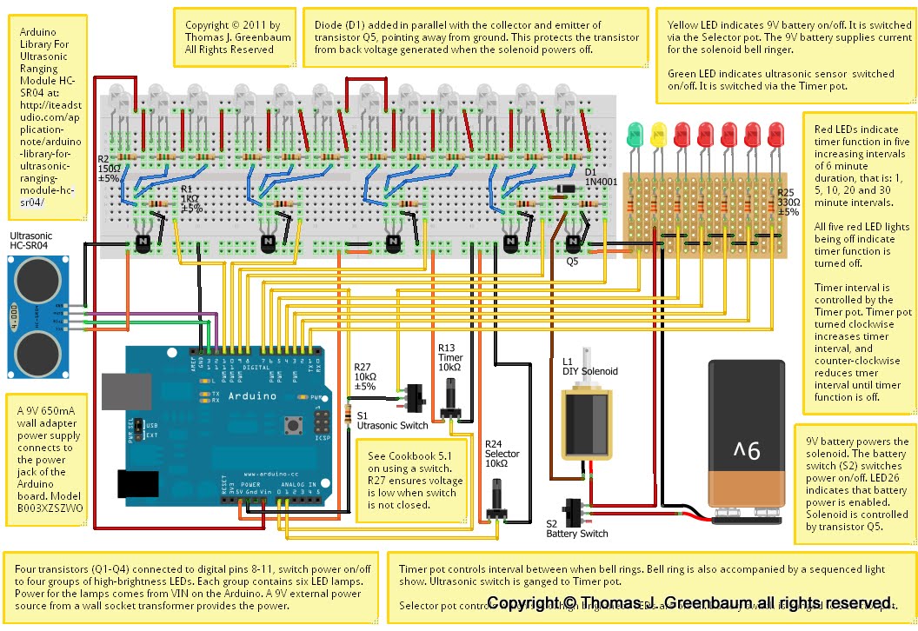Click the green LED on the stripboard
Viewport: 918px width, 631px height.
coord(635,133)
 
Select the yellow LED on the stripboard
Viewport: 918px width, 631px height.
coord(657,133)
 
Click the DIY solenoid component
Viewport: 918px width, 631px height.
coord(583,425)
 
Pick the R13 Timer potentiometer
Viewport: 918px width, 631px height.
coord(452,402)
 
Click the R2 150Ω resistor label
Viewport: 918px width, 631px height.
coord(109,169)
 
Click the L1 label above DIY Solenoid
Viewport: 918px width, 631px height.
coord(569,359)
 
